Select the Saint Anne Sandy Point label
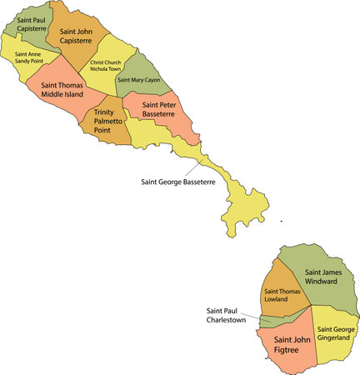[30, 59]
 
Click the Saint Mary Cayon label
[138, 80]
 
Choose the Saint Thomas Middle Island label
[60, 89]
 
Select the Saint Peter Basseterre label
[158, 110]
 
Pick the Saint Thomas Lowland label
[282, 296]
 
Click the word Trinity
[104, 112]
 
